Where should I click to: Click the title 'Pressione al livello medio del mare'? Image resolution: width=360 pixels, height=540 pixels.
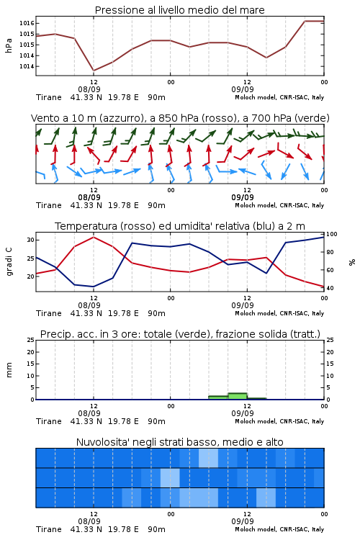tap(179, 10)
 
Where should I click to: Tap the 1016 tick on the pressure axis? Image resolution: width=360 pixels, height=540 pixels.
tap(27, 24)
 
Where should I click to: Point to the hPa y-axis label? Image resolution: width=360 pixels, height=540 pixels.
tap(9, 45)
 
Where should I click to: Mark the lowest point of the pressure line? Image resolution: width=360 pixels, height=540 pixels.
tap(94, 71)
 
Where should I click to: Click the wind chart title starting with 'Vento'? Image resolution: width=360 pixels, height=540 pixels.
tap(180, 118)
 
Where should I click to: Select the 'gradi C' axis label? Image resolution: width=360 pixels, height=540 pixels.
tap(9, 262)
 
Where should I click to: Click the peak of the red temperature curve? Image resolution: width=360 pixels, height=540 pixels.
tap(94, 237)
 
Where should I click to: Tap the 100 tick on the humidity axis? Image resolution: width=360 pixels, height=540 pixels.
tap(332, 234)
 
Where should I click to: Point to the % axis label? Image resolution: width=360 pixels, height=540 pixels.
tap(352, 262)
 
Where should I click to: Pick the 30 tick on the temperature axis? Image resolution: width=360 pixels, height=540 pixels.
tap(31, 240)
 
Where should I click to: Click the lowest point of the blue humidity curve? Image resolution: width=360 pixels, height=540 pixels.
tap(94, 287)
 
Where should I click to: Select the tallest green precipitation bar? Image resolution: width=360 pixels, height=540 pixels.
tap(238, 397)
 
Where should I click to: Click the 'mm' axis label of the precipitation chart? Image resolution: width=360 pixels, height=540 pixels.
tap(9, 370)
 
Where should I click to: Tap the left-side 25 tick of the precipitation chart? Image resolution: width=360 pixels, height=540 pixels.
tap(31, 340)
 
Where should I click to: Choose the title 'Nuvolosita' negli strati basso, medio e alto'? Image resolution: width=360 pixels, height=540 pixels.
tap(179, 442)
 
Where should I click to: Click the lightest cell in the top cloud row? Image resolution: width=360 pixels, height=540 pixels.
tap(208, 458)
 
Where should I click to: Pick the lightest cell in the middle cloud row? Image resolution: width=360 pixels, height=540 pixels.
tap(170, 477)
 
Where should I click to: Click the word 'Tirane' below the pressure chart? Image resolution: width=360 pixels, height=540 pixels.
tap(48, 97)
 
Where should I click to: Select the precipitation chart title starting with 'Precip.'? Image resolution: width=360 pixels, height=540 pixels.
tap(180, 334)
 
